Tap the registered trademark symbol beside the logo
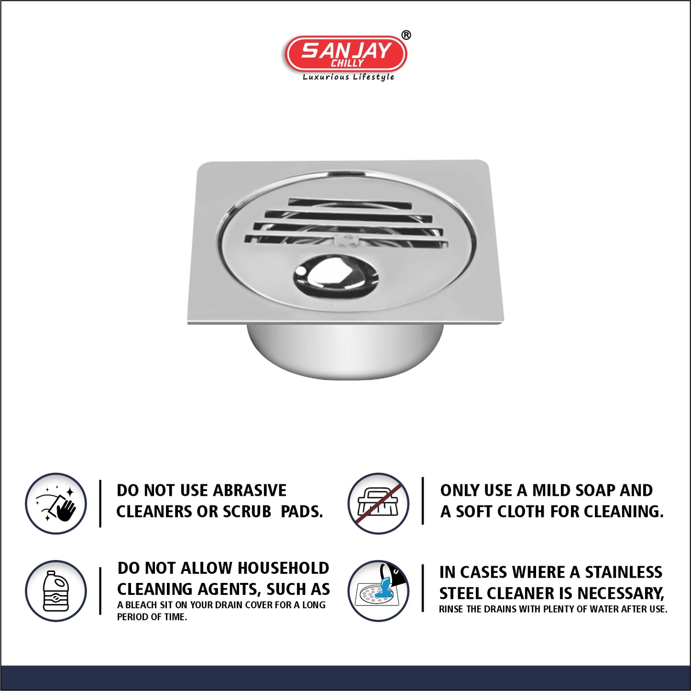pyautogui.click(x=406, y=35)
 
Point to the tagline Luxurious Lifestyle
pyautogui.click(x=349, y=77)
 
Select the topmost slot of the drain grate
pyautogui.click(x=350, y=203)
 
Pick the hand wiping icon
pyautogui.click(x=56, y=503)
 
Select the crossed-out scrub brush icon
pyautogui.click(x=379, y=503)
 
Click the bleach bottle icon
pyautogui.click(x=56, y=591)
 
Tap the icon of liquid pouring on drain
pyautogui.click(x=379, y=591)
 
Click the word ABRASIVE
pyautogui.click(x=250, y=491)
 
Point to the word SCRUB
pyautogui.click(x=247, y=512)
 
